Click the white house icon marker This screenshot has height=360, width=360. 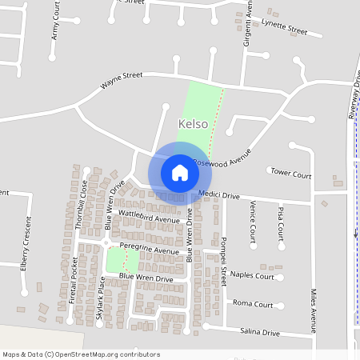tap(180, 173)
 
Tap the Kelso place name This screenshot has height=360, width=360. tap(193, 124)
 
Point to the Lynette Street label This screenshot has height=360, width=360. tap(284, 28)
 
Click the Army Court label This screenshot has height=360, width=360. tap(55, 21)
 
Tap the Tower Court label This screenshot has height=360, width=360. tap(290, 173)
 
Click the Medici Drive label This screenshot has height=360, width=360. tap(219, 195)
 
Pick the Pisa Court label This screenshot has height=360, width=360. tap(281, 222)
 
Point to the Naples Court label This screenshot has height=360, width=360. tap(252, 275)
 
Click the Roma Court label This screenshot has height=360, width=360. tap(253, 304)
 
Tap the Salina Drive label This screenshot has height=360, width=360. tap(260, 332)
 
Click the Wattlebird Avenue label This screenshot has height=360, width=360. tap(149, 217)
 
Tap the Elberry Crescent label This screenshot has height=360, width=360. tap(26, 254)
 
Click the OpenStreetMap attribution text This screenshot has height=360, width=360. tap(81, 354)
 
